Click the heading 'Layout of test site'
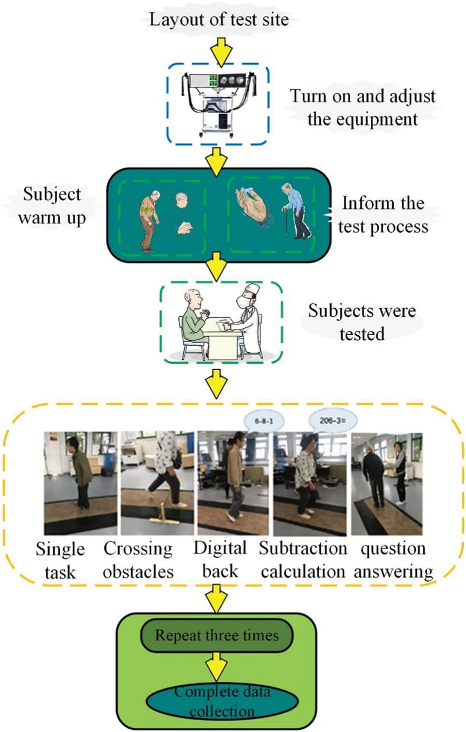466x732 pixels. coord(219,20)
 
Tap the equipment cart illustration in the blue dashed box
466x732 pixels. coord(218,104)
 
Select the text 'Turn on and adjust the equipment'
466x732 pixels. coord(362,108)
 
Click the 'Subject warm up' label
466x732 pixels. coord(52,206)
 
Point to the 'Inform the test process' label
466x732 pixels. coord(383,215)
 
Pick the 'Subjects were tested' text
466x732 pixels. coord(362,322)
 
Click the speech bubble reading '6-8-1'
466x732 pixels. coord(264,421)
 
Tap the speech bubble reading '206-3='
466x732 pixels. coord(332,420)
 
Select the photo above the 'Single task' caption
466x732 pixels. coord(80,483)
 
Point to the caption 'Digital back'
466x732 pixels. coord(220,559)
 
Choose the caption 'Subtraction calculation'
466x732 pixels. coord(303,559)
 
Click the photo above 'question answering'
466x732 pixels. coord(386,483)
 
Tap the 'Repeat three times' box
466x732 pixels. coord(216,635)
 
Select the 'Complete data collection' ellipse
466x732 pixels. coord(222,701)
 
